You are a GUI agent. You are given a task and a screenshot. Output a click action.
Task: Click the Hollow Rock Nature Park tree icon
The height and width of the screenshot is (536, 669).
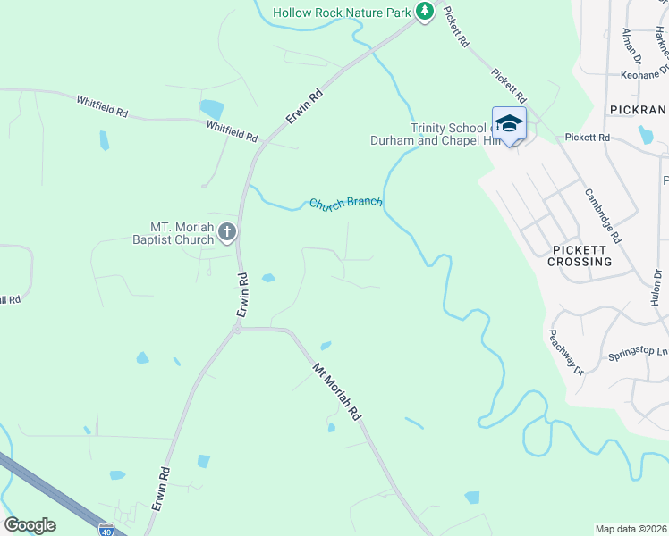click(424, 12)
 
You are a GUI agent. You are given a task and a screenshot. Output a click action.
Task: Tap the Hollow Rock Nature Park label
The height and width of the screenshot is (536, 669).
click(342, 13)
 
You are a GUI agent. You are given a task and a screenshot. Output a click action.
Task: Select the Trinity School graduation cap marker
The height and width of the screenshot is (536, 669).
click(509, 124)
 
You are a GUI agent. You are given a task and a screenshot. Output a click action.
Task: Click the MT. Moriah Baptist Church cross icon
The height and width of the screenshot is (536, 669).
click(227, 233)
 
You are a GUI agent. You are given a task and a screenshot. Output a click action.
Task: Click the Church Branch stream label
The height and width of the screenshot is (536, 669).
click(345, 204)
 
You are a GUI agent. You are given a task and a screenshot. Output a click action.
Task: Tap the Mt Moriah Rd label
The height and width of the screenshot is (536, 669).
click(336, 391)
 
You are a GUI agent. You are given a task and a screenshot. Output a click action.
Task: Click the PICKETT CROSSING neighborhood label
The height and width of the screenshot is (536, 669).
click(581, 255)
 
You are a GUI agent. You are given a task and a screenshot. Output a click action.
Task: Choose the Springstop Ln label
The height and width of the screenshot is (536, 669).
click(638, 352)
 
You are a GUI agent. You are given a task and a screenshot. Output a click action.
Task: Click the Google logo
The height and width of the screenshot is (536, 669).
click(30, 525)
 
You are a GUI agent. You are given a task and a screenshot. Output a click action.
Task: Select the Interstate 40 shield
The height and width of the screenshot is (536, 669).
click(106, 529)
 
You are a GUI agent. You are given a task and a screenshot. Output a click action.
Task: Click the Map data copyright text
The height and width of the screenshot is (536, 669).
click(631, 529)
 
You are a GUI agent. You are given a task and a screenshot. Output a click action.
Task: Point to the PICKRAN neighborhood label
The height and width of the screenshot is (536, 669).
click(639, 109)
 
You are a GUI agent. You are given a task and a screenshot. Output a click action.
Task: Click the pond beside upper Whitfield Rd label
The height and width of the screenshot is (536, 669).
click(212, 109)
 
